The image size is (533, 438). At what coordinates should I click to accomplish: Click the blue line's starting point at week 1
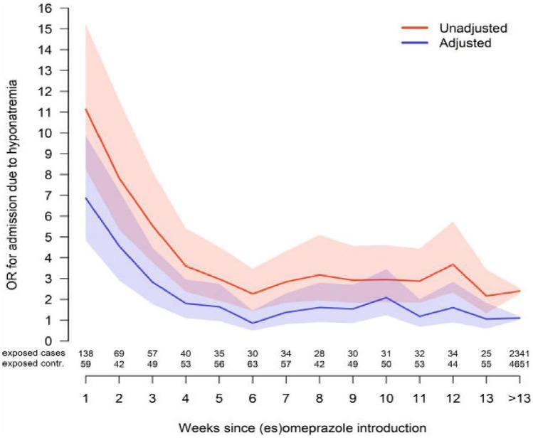click(86, 198)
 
